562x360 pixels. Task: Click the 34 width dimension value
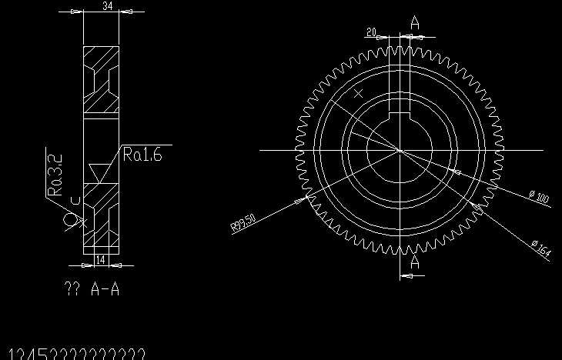(x=108, y=6)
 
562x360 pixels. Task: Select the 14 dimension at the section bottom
(x=100, y=261)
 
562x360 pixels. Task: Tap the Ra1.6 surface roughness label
(x=142, y=155)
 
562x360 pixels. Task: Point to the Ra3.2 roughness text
(x=55, y=175)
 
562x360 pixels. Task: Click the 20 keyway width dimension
(x=372, y=32)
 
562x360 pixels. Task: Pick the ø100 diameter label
(x=539, y=198)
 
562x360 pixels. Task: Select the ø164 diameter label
(x=541, y=248)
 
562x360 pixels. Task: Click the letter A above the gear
(x=415, y=23)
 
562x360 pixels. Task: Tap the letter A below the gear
(x=415, y=262)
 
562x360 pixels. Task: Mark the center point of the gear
(x=400, y=150)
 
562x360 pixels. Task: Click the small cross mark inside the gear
(x=358, y=94)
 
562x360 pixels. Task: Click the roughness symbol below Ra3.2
(x=74, y=221)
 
